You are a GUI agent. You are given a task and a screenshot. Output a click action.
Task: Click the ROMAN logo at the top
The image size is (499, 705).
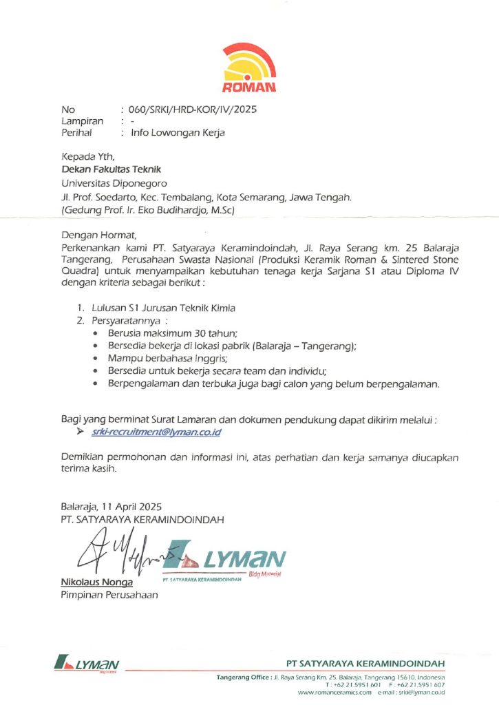click(x=249, y=67)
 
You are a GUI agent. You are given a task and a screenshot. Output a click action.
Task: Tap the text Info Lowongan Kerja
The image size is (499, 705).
click(x=178, y=132)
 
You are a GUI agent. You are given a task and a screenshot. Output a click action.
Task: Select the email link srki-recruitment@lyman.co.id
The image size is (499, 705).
click(x=158, y=432)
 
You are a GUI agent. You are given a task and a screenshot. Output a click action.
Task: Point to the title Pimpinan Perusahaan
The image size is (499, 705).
click(x=109, y=596)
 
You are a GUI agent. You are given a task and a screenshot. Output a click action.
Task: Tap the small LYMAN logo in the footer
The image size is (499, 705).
click(x=86, y=665)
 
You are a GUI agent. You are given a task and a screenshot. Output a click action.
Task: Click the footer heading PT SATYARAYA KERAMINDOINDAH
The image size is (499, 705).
click(x=365, y=663)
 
